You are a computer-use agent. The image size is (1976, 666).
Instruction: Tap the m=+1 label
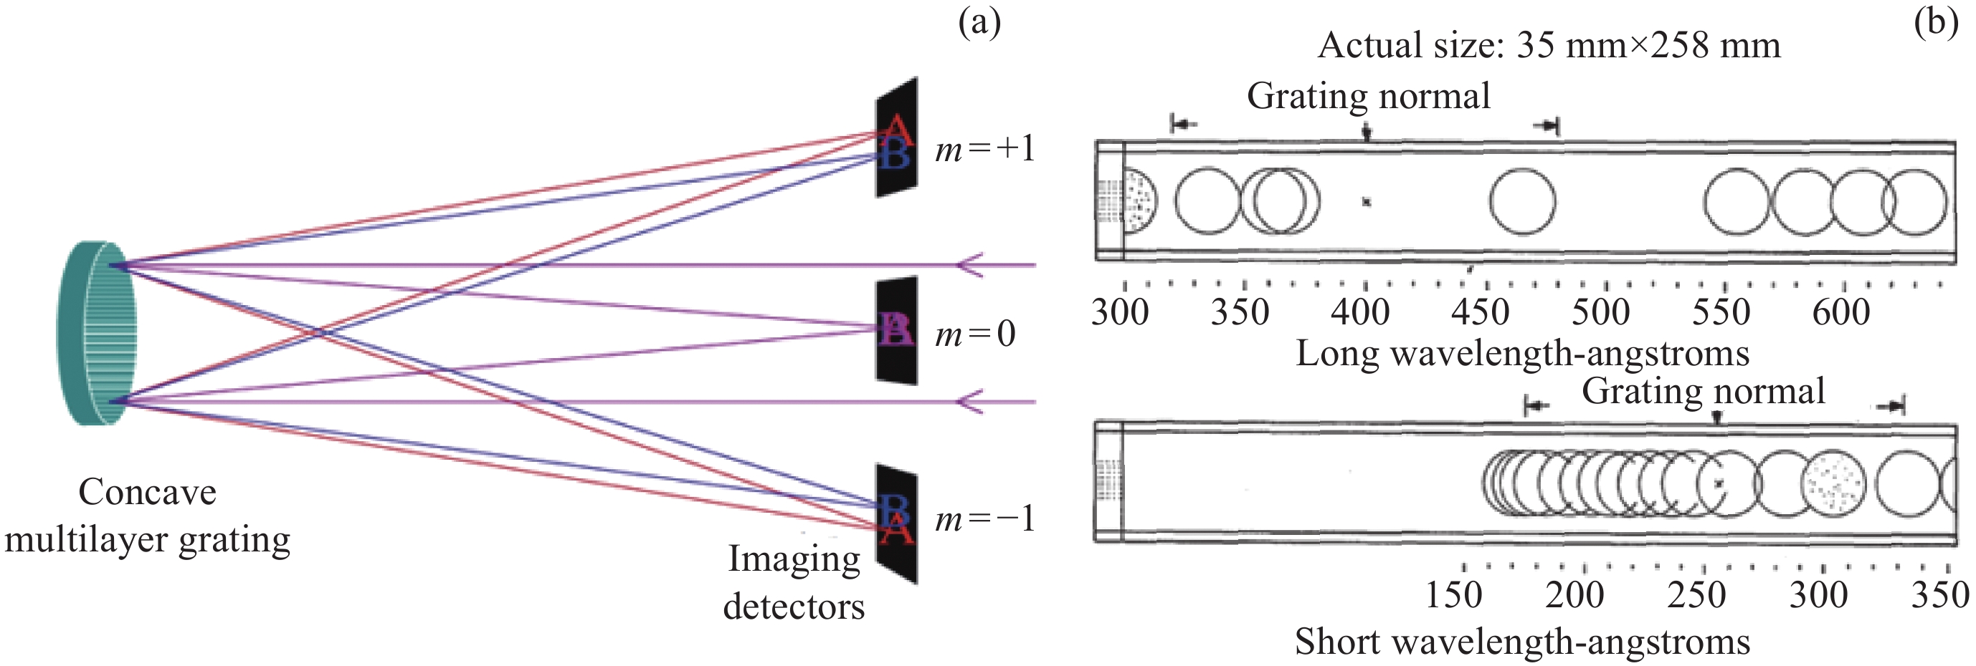click(985, 149)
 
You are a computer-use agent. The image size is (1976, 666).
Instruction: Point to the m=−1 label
click(985, 520)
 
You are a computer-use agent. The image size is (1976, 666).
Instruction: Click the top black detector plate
click(897, 138)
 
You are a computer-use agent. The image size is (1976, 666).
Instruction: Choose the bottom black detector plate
click(897, 523)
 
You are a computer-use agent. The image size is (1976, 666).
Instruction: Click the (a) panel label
click(979, 23)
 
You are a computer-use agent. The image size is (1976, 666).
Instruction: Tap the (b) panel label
click(1935, 23)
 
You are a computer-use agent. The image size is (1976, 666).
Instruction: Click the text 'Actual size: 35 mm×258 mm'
click(1549, 45)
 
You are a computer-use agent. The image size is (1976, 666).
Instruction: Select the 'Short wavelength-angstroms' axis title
click(1523, 642)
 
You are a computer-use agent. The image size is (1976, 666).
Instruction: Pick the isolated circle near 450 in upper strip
click(1523, 201)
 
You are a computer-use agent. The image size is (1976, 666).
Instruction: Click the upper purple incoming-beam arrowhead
click(969, 265)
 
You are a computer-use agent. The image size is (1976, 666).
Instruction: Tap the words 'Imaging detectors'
click(794, 582)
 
